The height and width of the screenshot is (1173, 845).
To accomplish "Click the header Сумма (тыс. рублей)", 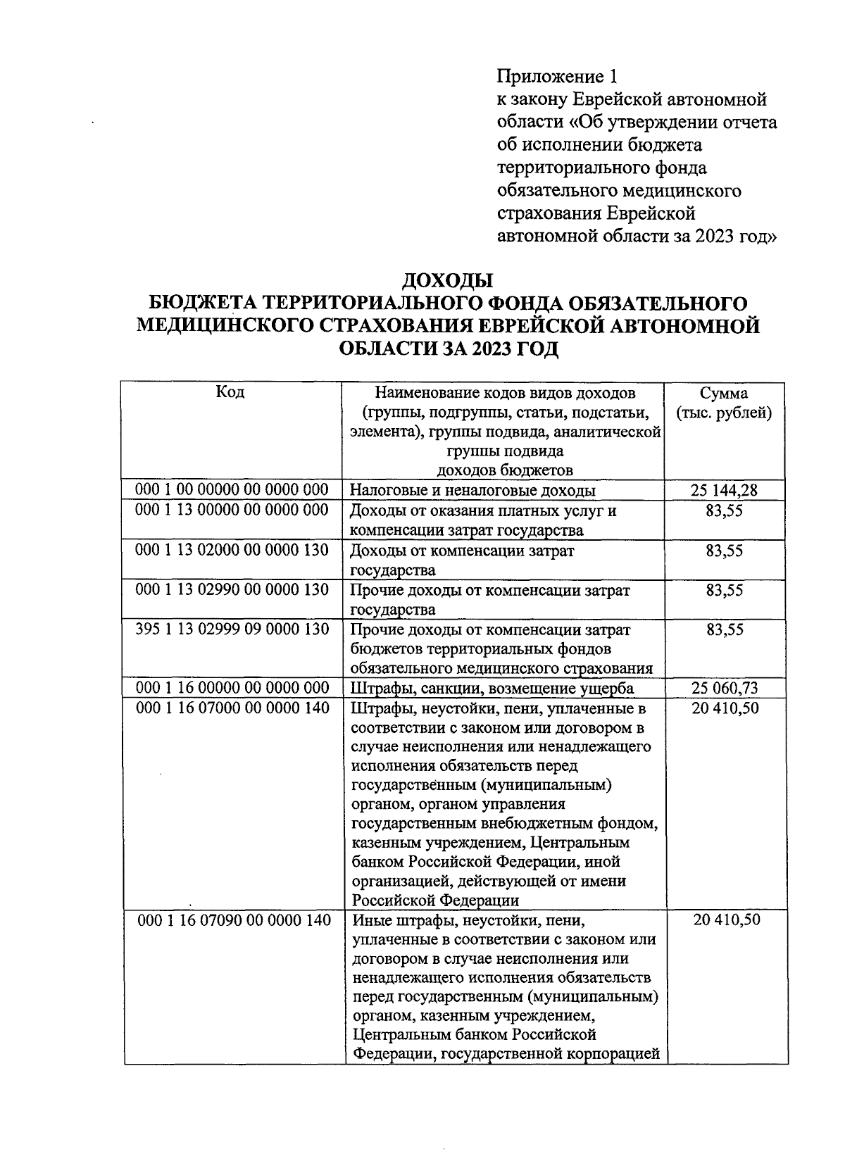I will (724, 403).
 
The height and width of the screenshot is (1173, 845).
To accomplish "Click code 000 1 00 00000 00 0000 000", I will (232, 490).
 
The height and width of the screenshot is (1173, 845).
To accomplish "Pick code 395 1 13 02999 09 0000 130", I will (232, 629).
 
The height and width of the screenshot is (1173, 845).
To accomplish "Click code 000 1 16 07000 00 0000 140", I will (232, 708).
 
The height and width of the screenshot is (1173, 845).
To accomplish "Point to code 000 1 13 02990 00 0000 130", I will (232, 589).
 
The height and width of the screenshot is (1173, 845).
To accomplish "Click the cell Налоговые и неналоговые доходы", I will (473, 491).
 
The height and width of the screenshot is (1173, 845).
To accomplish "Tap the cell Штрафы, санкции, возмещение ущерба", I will (492, 689).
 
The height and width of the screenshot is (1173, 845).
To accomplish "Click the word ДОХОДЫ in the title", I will (447, 281).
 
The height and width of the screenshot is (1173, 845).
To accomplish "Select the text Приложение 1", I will (561, 76).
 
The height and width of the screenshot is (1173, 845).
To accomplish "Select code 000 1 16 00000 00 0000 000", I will (232, 688).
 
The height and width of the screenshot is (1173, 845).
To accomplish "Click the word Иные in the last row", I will (370, 920).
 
